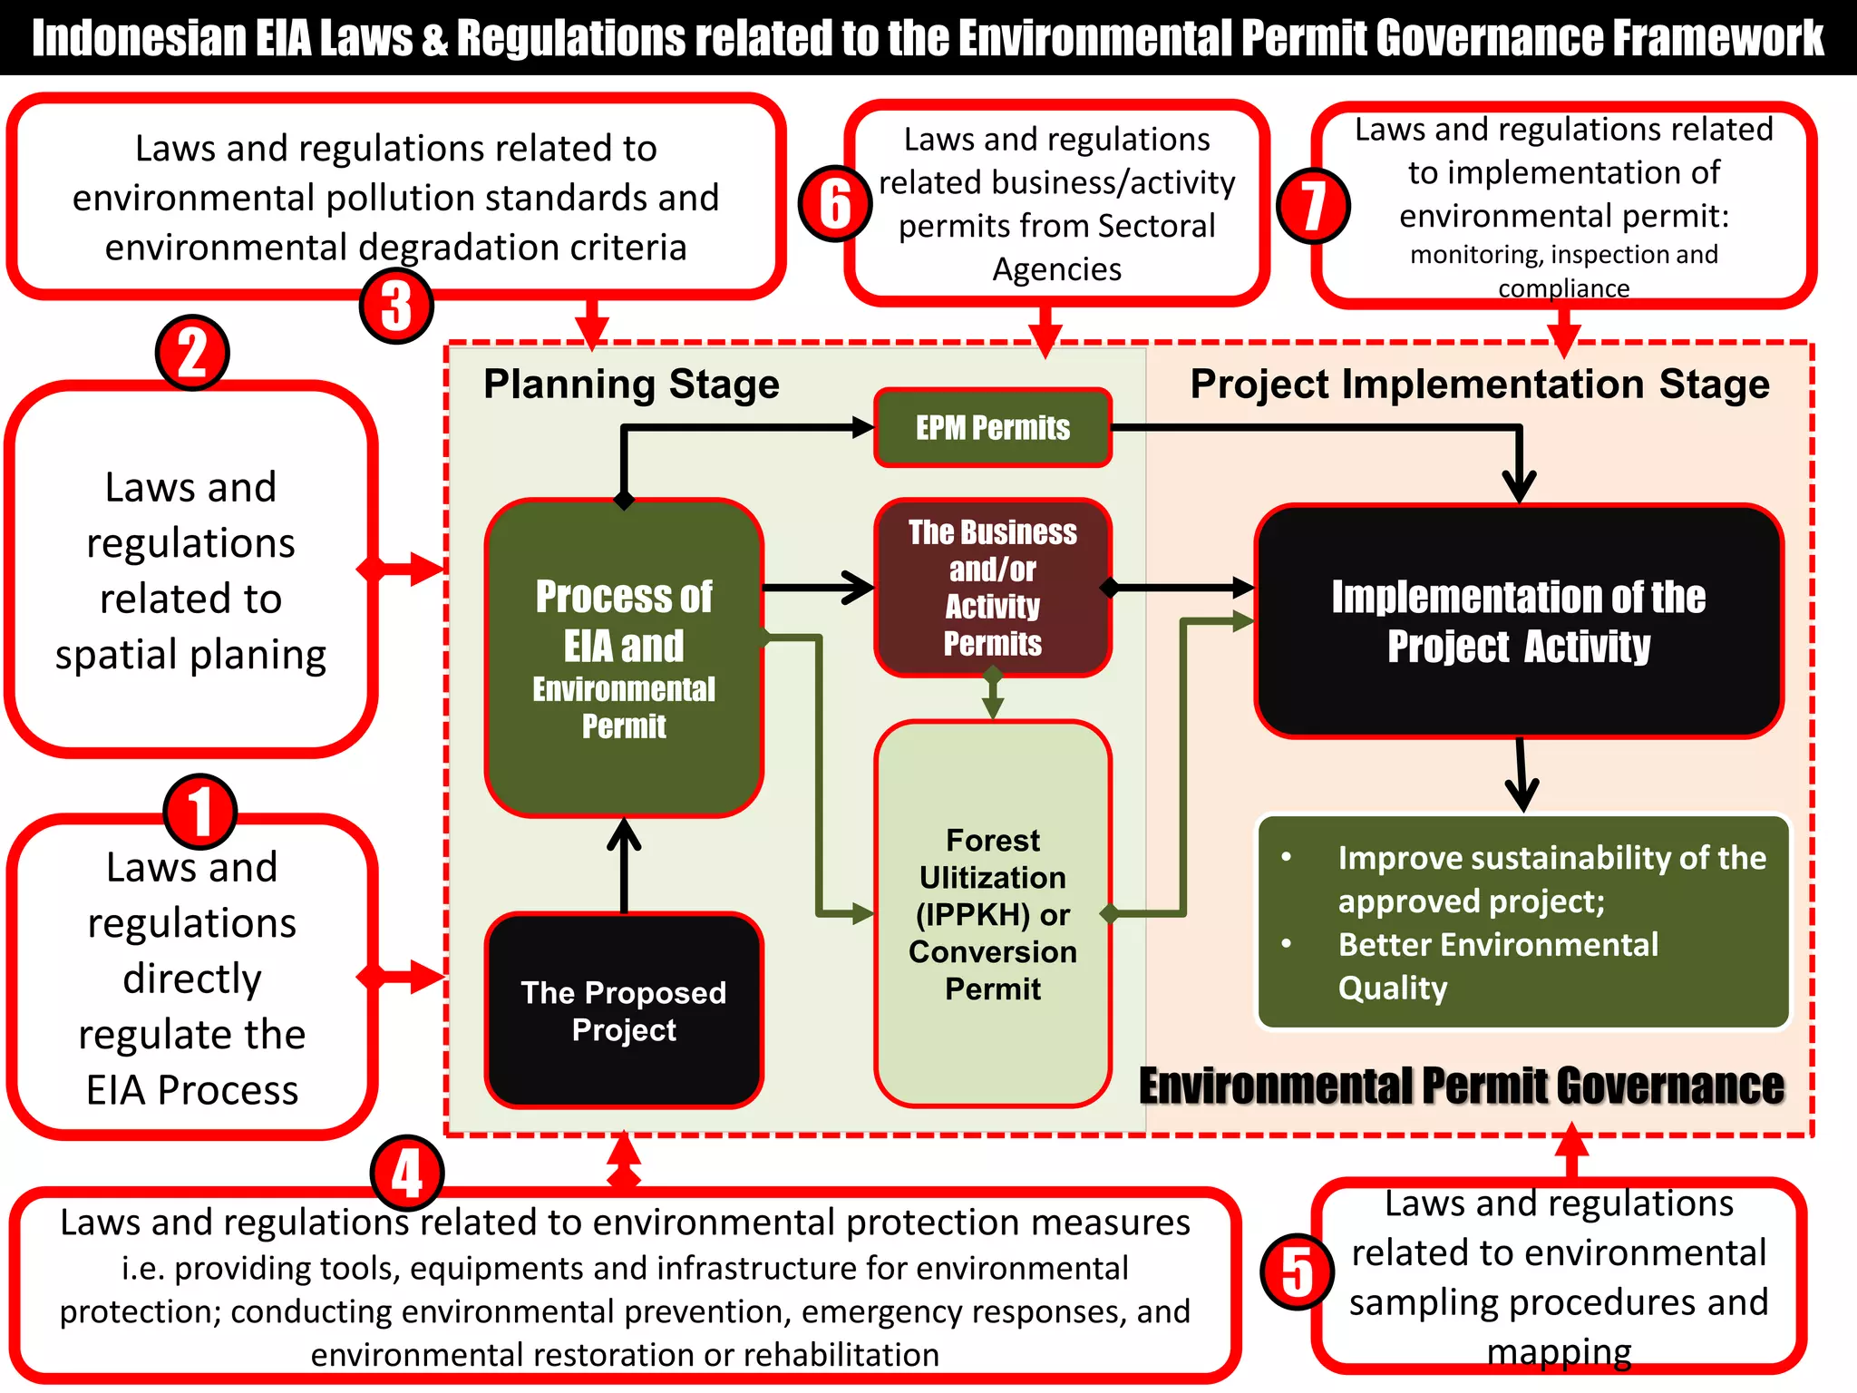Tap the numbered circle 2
tap(192, 353)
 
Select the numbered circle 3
tap(396, 306)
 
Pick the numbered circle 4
tap(407, 1173)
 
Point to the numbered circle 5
tap(1297, 1271)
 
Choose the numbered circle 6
tap(835, 203)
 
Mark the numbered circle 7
tap(1313, 206)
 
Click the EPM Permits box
tap(992, 427)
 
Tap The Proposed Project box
tap(624, 1010)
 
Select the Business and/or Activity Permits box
tap(992, 587)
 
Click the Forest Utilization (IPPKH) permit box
tap(992, 913)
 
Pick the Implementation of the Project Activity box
tap(1518, 621)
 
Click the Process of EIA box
tap(624, 658)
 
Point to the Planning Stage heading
tap(631, 384)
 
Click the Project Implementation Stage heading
tap(1479, 384)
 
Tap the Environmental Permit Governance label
tap(1461, 1086)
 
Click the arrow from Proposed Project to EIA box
tap(624, 866)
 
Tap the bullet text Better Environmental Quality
tap(1497, 966)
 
